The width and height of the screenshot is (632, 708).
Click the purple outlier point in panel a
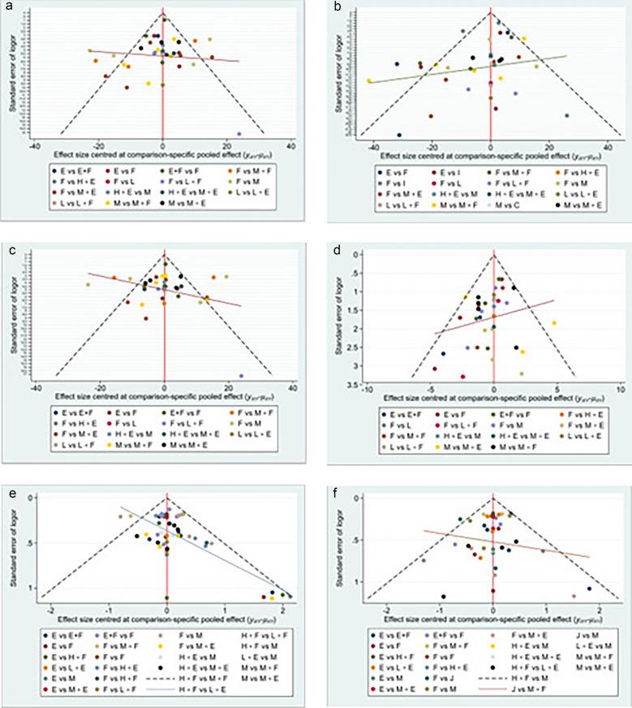[239, 133]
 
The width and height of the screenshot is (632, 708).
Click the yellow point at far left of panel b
[369, 81]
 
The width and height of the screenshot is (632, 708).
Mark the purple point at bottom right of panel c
[241, 376]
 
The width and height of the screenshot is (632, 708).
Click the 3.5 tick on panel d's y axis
[355, 380]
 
